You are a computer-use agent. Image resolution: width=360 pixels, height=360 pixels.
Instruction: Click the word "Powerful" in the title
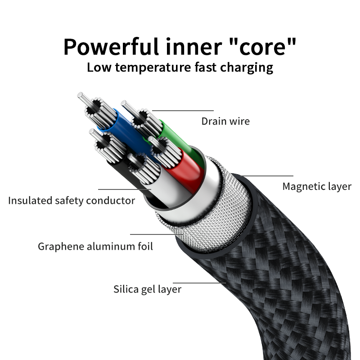(111, 47)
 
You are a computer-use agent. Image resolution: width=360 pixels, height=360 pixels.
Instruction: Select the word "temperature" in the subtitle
(153, 67)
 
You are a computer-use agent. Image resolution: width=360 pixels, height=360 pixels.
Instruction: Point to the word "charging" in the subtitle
(247, 68)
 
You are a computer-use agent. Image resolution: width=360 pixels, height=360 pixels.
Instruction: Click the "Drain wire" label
(225, 121)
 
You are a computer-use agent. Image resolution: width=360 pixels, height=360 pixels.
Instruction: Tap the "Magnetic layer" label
(317, 186)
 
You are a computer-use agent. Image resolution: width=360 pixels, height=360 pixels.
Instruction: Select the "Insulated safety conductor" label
(72, 200)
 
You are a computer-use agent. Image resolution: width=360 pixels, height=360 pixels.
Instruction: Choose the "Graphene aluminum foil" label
(95, 246)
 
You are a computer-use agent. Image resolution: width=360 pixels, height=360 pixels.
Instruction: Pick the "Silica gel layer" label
(148, 289)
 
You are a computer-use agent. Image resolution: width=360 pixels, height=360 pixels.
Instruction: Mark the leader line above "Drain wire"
(183, 111)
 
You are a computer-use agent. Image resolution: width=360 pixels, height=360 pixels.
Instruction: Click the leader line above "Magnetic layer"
(267, 176)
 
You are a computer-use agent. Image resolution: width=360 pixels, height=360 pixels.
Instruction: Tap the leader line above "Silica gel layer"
(199, 283)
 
